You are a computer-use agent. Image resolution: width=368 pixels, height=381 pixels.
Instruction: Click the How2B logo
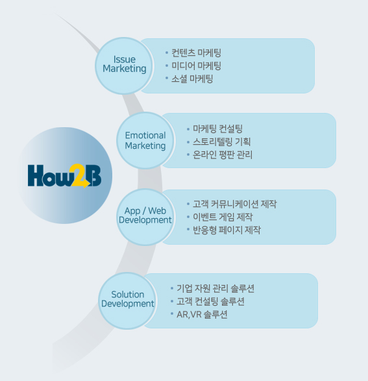coord(64,176)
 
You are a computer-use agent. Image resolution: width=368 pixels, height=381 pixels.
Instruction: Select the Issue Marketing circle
coord(124,66)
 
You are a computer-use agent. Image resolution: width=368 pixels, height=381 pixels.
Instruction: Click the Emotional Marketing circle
coord(145,140)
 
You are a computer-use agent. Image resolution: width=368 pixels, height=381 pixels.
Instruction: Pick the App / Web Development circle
coord(145,217)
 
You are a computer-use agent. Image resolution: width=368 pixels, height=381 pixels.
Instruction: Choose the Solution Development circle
coord(127,301)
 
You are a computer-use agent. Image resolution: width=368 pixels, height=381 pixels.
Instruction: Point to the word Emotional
coord(145,136)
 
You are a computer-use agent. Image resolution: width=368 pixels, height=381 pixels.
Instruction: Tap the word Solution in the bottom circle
coord(127,295)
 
